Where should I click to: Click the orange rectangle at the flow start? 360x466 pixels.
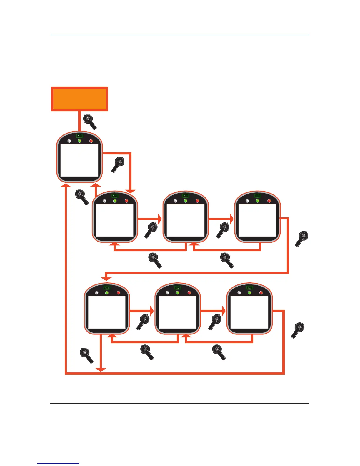79,99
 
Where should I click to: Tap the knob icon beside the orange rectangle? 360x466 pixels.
90,122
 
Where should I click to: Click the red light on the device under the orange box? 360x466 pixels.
91,141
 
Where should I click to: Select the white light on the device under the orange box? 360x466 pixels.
69,141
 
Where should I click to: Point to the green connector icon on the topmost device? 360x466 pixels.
79,136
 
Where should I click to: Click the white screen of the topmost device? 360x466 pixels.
79,160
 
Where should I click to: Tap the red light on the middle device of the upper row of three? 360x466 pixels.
197,201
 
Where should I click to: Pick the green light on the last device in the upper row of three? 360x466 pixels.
257,201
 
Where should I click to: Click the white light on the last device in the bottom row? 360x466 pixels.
239,293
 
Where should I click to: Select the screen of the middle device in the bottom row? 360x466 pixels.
177,312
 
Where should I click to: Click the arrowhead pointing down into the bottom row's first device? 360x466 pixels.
106,278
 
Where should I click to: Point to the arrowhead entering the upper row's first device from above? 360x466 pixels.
131,191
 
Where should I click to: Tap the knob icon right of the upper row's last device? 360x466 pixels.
302,239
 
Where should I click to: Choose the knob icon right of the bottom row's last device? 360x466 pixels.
298,330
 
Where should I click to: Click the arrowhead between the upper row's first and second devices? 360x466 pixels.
160,219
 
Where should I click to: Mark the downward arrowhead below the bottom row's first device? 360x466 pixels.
101,370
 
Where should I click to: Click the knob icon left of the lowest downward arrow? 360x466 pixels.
86,355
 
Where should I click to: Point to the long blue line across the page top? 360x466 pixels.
180,35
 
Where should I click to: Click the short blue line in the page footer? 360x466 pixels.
58,463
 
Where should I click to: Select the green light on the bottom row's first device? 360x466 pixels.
107,293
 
